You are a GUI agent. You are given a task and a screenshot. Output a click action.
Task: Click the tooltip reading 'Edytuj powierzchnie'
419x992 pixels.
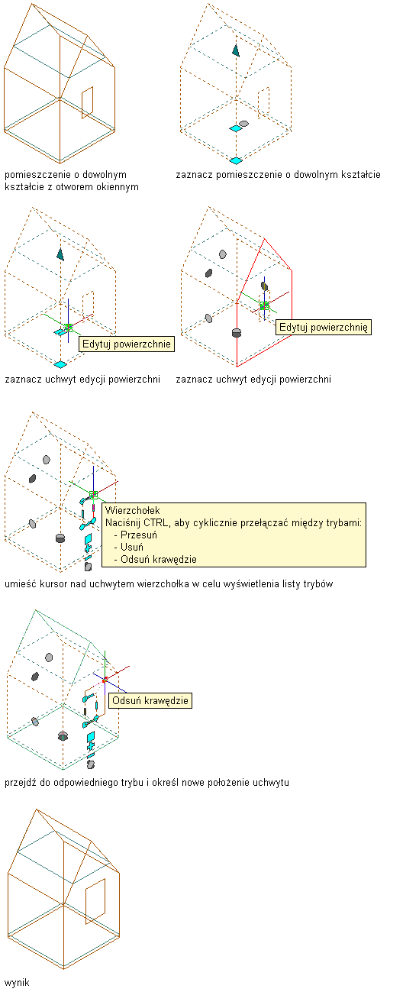pos(127,344)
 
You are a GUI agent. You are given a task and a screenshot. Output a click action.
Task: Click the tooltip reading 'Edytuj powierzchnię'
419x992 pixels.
pos(324,328)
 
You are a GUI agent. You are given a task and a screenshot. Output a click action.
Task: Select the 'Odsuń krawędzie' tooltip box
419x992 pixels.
pos(150,700)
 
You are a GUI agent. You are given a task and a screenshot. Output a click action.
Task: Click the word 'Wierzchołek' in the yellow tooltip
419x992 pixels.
pos(132,511)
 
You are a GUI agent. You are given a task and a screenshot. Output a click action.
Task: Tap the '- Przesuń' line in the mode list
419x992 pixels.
pos(135,535)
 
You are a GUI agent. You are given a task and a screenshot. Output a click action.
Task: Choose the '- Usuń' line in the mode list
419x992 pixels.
pos(128,547)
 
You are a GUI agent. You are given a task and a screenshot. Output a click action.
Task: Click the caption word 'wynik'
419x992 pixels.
pos(17,983)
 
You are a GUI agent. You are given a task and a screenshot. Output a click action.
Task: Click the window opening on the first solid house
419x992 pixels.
pos(87,103)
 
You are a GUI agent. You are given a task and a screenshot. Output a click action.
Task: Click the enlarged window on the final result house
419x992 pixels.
pos(95,901)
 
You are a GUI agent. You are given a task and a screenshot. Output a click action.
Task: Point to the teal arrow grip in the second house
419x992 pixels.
pos(236,50)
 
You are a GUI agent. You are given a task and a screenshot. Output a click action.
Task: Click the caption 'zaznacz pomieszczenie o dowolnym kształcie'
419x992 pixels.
pos(279,174)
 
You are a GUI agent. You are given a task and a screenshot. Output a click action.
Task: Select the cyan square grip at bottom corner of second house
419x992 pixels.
pos(236,160)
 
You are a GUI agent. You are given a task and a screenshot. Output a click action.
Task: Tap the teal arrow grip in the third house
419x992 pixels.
pos(60,254)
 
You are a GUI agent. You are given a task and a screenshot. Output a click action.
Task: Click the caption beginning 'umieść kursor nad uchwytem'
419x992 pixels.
pos(169,584)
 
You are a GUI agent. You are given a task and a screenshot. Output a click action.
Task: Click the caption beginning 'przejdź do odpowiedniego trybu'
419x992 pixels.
pos(147,783)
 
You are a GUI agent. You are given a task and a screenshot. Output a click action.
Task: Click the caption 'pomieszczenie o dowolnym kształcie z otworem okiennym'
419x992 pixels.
pos(72,181)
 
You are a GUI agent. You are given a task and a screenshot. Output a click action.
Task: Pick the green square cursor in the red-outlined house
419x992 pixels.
pos(265,305)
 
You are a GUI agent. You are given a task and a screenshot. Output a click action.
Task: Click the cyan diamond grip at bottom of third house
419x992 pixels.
pos(60,364)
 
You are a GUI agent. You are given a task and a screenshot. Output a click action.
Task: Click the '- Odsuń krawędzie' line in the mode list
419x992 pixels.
pos(155,559)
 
